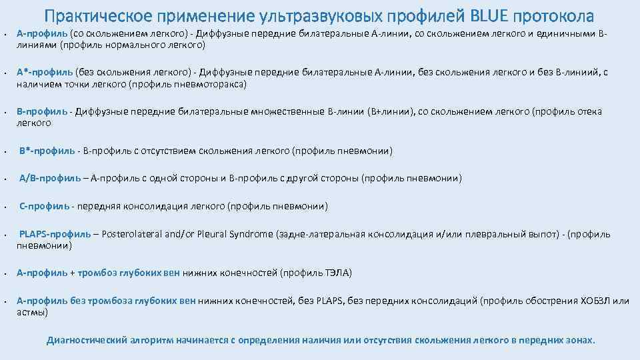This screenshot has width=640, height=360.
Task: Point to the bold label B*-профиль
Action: [x=47, y=151]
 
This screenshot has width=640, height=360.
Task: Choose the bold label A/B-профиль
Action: [x=47, y=178]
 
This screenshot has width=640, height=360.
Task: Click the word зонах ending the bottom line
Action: [x=579, y=340]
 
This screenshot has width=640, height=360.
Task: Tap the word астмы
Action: [x=31, y=312]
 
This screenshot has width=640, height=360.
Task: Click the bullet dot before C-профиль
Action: [x=6, y=207]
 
